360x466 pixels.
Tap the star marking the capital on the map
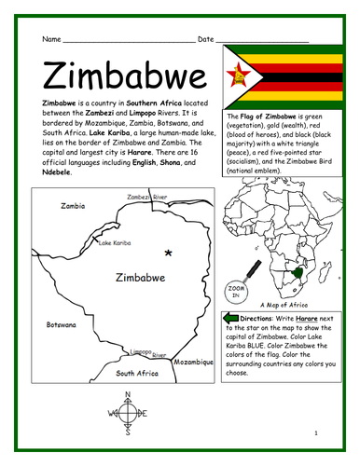point(168,226)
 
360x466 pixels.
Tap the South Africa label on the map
point(136,373)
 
